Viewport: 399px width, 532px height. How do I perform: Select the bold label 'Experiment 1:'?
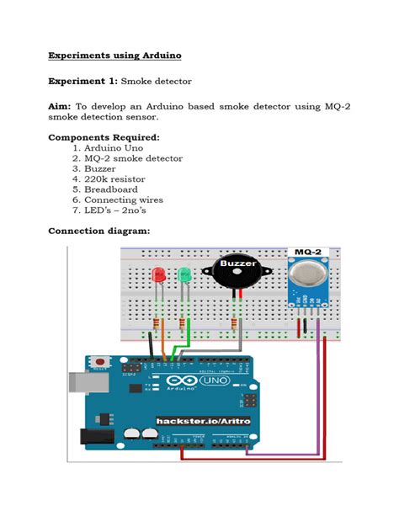click(83, 82)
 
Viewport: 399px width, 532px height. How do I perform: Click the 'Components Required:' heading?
click(104, 137)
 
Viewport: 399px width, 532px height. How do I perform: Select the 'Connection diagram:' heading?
click(99, 231)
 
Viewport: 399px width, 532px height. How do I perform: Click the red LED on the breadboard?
click(157, 275)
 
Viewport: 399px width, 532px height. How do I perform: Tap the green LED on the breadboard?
click(184, 275)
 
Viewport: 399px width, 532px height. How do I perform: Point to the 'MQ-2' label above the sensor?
click(307, 252)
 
